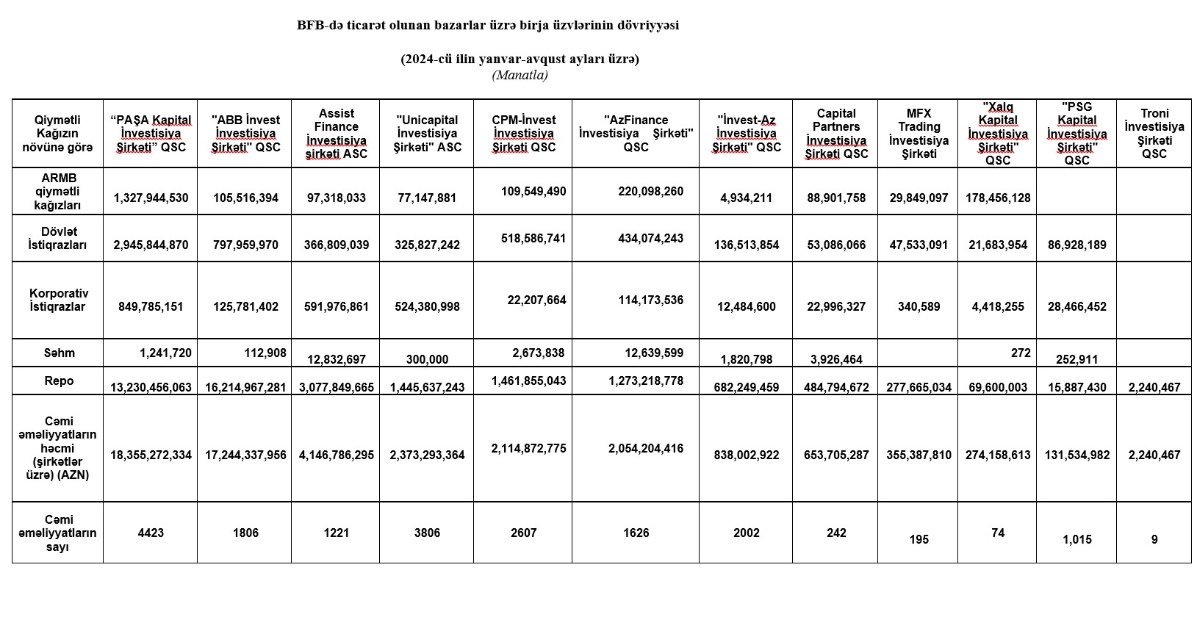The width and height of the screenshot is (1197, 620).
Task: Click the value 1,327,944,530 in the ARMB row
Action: click(x=151, y=198)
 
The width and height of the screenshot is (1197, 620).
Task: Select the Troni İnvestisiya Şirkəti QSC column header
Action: click(x=1154, y=134)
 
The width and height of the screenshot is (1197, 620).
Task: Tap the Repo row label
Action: click(x=58, y=381)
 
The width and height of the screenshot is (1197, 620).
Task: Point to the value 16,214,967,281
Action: click(x=245, y=387)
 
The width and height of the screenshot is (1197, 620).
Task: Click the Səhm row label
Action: click(x=58, y=353)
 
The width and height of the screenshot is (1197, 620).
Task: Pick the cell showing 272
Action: click(x=1020, y=353)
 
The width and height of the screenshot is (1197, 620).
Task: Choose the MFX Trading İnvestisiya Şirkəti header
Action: click(x=918, y=134)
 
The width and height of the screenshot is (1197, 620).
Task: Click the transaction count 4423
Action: click(x=151, y=533)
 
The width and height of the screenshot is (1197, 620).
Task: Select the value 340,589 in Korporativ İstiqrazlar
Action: click(x=919, y=306)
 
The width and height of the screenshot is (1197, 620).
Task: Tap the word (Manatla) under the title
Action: click(x=520, y=75)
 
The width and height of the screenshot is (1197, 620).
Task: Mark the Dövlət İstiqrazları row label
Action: click(x=58, y=238)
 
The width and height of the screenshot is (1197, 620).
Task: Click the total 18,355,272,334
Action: click(x=151, y=455)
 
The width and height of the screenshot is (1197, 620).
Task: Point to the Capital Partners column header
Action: click(x=835, y=134)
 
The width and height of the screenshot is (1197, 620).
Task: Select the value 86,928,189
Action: click(x=1076, y=245)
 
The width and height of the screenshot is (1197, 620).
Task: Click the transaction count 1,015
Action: click(x=1076, y=539)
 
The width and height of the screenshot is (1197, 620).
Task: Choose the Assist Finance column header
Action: click(x=336, y=134)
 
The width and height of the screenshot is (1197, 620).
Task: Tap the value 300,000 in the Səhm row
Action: click(x=427, y=359)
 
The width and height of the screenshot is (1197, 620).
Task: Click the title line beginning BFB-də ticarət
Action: click(x=487, y=26)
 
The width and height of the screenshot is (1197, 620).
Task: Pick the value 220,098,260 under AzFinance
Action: click(x=650, y=191)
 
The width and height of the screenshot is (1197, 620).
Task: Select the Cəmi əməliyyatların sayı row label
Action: click(x=58, y=533)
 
